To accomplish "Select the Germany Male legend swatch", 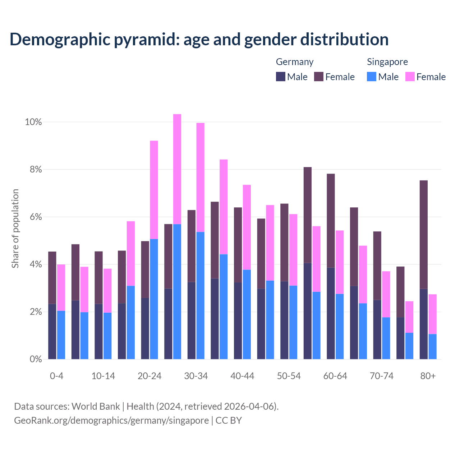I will tap(281, 77).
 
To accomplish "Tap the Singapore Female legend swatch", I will tap(410, 77).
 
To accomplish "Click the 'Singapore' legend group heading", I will tap(387, 62).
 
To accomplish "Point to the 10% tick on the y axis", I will tap(33, 122).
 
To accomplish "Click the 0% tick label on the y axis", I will tap(36, 359).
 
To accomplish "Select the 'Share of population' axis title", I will tap(15, 229).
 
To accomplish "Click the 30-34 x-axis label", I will tap(196, 376).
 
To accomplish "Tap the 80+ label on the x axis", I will tap(428, 376).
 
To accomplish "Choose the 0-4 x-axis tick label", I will tap(56, 376).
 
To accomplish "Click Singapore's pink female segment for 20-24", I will tap(154, 190).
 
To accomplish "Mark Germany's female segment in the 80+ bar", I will tap(424, 234).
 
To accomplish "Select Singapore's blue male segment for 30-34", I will tap(201, 295).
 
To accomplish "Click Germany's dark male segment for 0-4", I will tap(52, 331).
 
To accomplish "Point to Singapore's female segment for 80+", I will tap(433, 314).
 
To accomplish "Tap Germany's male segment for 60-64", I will tap(331, 313).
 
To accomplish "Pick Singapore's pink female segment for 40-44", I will tap(247, 227).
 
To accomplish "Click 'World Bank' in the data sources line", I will tap(96, 406).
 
